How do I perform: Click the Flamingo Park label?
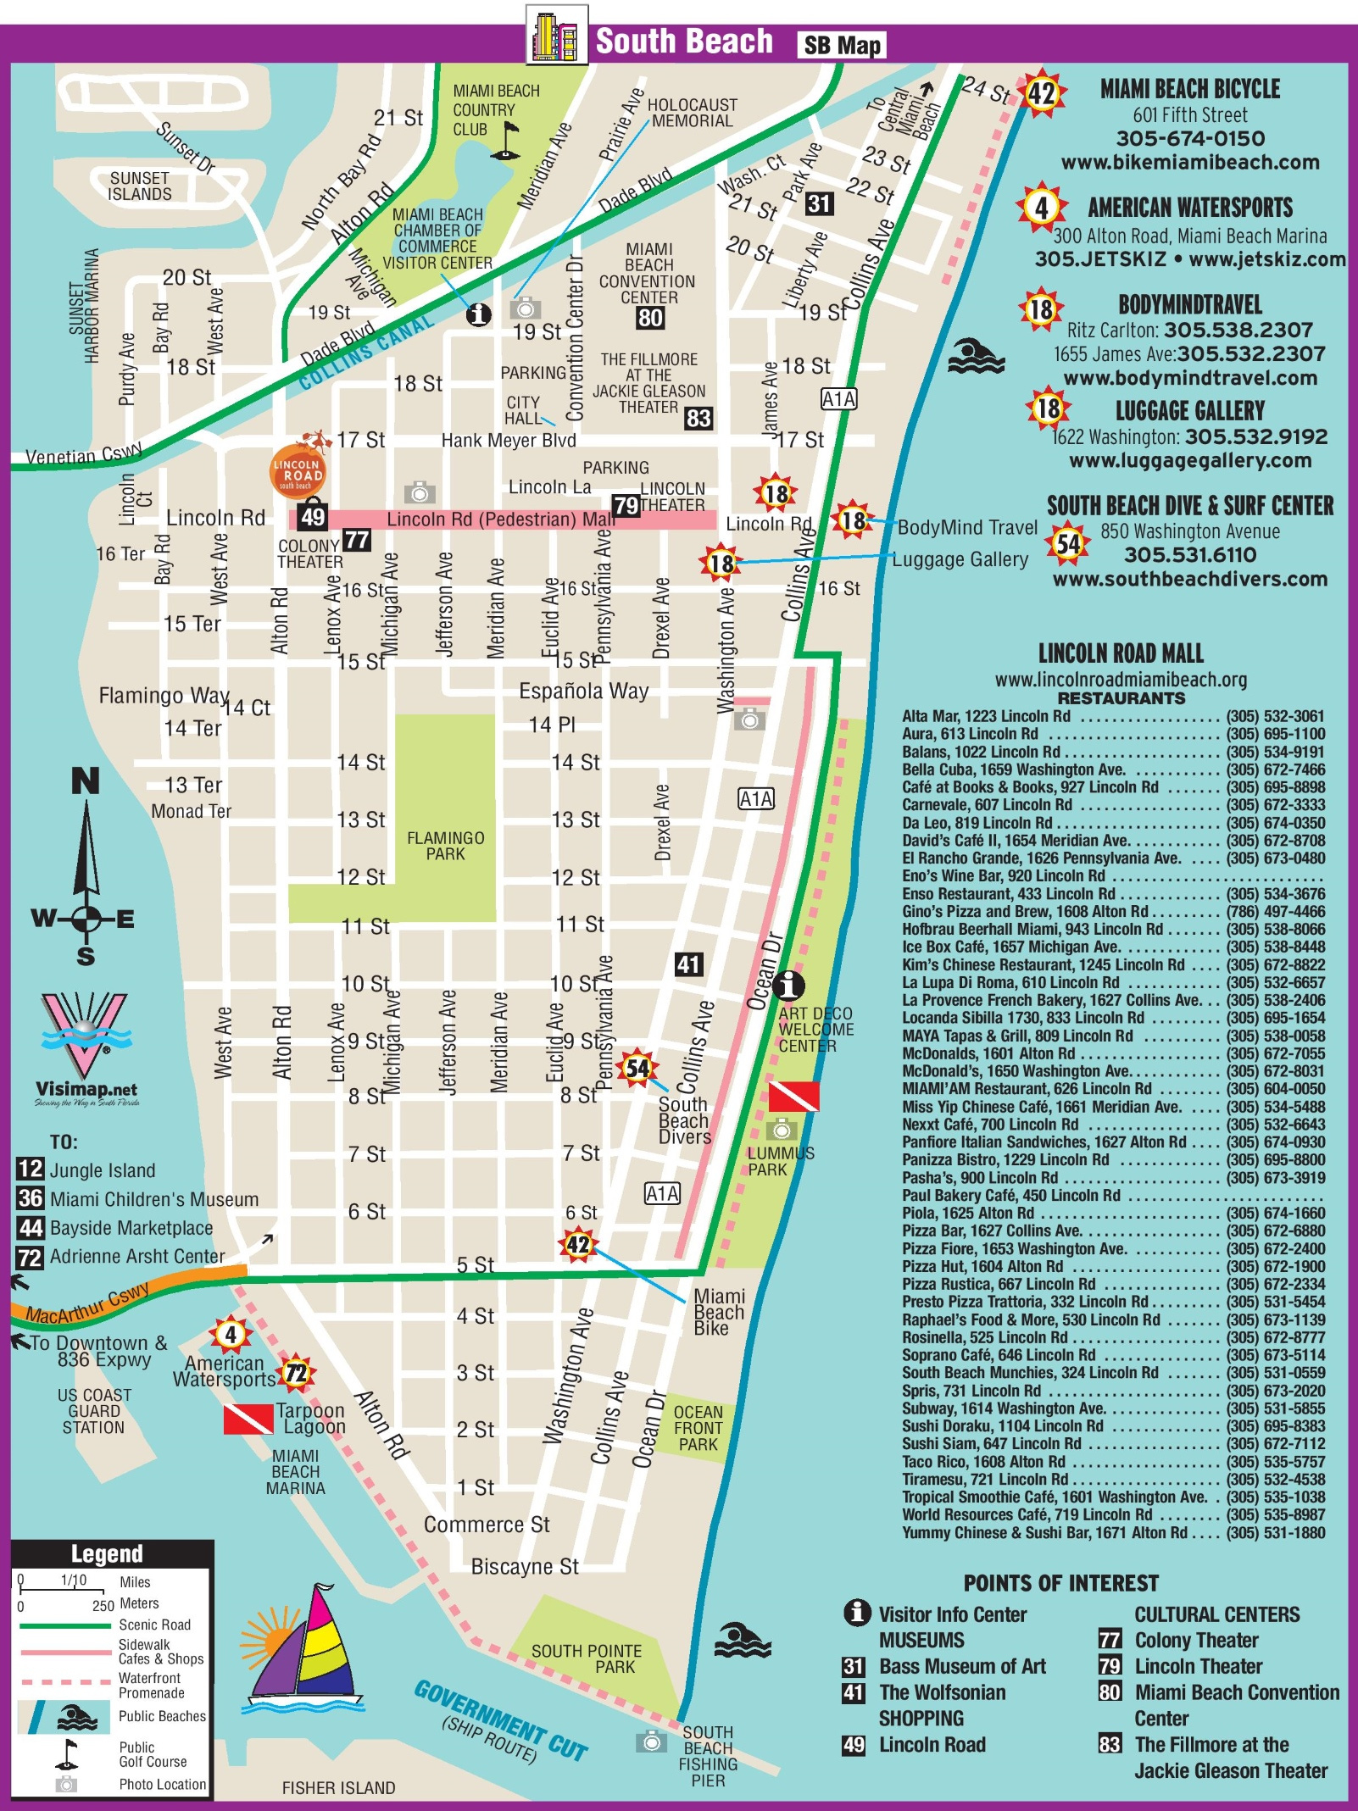pos(445,846)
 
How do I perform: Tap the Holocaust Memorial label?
pos(692,113)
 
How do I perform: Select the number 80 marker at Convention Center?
pos(650,318)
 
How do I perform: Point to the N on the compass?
pos(85,781)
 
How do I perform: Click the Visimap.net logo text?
pos(86,1089)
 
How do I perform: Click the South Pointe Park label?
pos(586,1658)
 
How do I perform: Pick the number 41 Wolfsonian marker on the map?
pos(687,964)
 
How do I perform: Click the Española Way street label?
pos(583,692)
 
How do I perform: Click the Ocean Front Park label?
pos(698,1428)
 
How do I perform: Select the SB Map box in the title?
pos(841,45)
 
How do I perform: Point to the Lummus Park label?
pos(780,1161)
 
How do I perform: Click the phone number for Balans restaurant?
pos(1275,752)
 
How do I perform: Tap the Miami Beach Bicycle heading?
pos(1189,89)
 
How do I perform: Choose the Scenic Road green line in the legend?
pos(65,1625)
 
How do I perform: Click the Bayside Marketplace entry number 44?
pos(31,1228)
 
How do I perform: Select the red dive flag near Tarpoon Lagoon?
pos(248,1419)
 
